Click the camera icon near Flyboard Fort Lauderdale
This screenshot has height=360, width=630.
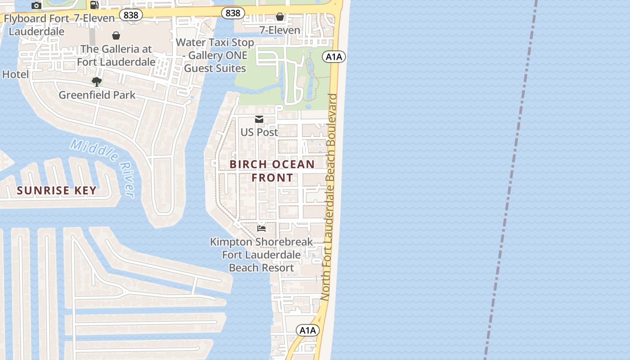point(36,6)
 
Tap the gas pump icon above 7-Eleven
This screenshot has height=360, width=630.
point(94,5)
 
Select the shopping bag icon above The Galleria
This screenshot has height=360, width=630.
point(116,36)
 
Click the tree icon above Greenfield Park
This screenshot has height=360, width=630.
point(97,81)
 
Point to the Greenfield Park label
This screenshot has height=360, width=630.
point(97,95)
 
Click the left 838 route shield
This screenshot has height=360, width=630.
point(131,15)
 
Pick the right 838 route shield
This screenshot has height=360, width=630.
point(233,13)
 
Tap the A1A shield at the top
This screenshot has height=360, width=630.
point(334,56)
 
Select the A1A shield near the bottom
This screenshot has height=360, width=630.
point(308,330)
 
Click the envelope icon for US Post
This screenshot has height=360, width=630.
point(259,119)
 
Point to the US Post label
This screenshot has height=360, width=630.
point(259,132)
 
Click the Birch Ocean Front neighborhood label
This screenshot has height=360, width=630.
point(272,171)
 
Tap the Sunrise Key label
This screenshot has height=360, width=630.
point(57,190)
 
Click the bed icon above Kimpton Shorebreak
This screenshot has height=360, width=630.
point(261,229)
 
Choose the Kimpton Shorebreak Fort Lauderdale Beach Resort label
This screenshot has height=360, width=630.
point(261,255)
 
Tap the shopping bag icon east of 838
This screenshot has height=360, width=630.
point(280,17)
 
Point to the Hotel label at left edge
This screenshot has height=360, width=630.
point(15,74)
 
